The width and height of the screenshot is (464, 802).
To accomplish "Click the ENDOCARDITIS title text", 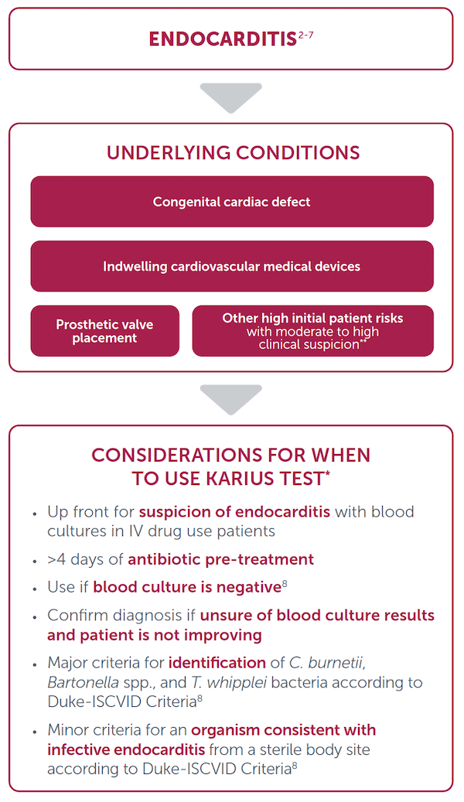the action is tap(223, 39).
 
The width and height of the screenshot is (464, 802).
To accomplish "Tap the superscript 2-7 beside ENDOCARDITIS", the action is tap(306, 35).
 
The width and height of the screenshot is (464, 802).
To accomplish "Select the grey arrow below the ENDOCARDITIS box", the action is tap(230, 97).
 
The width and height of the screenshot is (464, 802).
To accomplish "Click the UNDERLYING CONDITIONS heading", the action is tap(233, 153).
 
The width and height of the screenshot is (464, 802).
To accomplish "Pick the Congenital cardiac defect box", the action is tap(232, 202).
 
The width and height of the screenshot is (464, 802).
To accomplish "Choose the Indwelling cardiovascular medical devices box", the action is tap(232, 266).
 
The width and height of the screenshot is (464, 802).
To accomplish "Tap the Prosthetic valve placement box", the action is tap(105, 331).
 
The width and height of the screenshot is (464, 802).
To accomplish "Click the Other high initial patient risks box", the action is tap(312, 331).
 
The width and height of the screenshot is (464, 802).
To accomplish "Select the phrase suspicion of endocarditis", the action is tap(234, 512).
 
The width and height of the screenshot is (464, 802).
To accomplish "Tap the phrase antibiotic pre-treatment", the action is tap(220, 560).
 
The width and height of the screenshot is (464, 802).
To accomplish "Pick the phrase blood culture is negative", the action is tap(186, 587).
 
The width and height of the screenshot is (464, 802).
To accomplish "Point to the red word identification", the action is tap(217, 663).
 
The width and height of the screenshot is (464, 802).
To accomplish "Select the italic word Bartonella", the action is tap(84, 682).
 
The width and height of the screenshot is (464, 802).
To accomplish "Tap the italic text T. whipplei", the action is tap(229, 683).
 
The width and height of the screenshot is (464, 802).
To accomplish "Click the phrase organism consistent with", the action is tap(283, 730).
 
